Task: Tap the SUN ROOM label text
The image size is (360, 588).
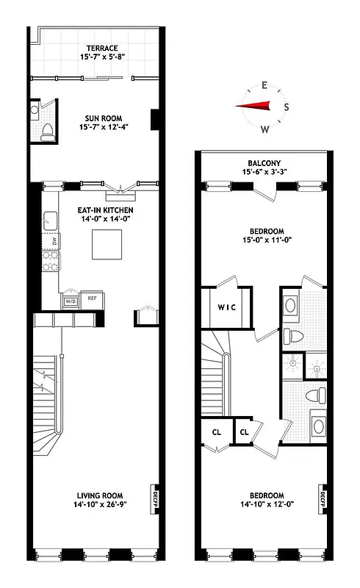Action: (101, 118)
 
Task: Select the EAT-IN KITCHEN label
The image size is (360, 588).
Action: (105, 209)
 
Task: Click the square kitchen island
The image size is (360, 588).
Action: (106, 244)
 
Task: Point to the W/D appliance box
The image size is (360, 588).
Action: (71, 301)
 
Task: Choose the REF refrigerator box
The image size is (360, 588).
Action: (92, 298)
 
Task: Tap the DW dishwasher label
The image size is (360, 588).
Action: (54, 242)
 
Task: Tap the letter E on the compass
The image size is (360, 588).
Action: (264, 84)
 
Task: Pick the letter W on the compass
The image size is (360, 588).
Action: (264, 129)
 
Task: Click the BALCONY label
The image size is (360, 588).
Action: (264, 163)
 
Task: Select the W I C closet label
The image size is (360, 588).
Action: (226, 308)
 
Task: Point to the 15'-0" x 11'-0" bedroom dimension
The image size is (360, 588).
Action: (264, 237)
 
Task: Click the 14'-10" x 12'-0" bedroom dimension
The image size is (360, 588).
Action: (263, 504)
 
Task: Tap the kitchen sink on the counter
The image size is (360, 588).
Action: (51, 220)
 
